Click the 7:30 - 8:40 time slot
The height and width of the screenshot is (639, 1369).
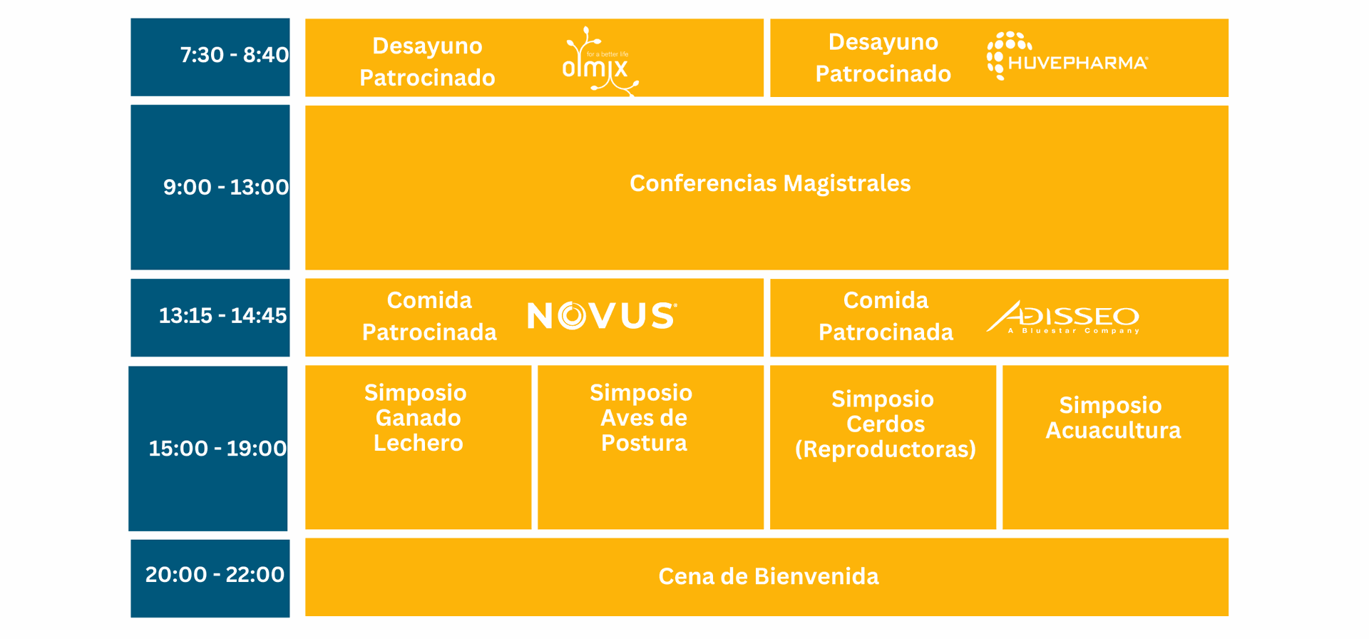click(x=234, y=55)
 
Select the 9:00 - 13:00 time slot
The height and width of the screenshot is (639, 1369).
click(x=226, y=187)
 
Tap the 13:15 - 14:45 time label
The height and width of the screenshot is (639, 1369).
click(x=222, y=315)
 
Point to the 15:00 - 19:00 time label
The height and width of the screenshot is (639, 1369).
click(x=217, y=448)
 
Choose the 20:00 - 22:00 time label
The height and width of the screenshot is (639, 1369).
click(x=215, y=574)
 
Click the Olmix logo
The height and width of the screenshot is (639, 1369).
click(x=599, y=61)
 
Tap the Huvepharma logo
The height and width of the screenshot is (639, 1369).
click(x=1067, y=56)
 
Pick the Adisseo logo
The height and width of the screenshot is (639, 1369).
click(x=1062, y=317)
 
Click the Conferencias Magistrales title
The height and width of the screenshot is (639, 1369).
click(x=770, y=183)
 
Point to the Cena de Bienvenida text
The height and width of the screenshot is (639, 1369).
click(x=769, y=576)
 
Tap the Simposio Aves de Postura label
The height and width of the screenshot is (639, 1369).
click(x=642, y=418)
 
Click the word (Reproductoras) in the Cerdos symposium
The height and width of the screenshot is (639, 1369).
click(x=885, y=449)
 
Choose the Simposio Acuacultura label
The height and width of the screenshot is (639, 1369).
click(x=1113, y=418)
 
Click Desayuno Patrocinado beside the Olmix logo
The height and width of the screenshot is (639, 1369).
click(x=427, y=61)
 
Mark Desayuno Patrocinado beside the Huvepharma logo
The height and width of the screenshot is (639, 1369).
click(x=883, y=58)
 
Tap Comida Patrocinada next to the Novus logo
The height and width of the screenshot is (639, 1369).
click(x=429, y=316)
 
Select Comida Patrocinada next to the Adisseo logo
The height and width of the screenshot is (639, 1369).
click(x=886, y=316)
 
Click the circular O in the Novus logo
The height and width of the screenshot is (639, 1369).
click(x=572, y=316)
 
